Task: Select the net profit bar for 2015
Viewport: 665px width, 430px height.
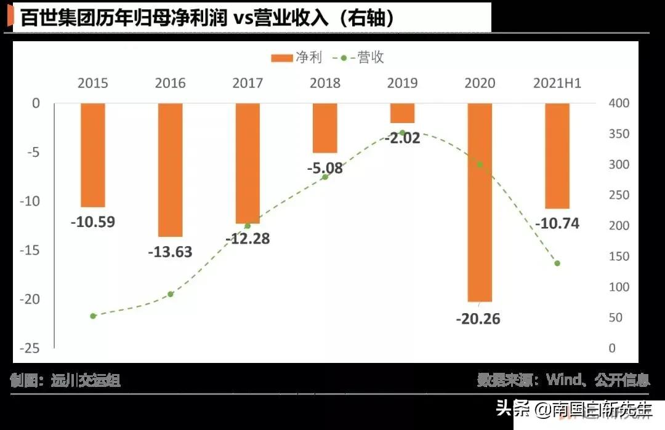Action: (x=93, y=155)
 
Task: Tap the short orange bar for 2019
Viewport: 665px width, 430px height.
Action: (x=402, y=113)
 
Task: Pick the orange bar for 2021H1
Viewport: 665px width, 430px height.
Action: (x=557, y=156)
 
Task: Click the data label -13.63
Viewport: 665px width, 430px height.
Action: (x=171, y=252)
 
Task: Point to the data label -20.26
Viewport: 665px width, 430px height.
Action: (x=478, y=319)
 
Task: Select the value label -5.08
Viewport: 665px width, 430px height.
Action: (x=324, y=168)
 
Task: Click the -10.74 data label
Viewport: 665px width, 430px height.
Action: (x=557, y=223)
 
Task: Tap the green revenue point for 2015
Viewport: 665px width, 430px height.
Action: (x=93, y=316)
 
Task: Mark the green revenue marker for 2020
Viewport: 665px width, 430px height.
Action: (x=480, y=165)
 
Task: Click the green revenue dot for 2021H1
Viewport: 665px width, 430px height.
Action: (x=557, y=263)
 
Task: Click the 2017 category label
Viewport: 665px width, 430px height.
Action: (x=248, y=83)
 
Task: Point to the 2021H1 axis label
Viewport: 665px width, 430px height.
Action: (x=557, y=83)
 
